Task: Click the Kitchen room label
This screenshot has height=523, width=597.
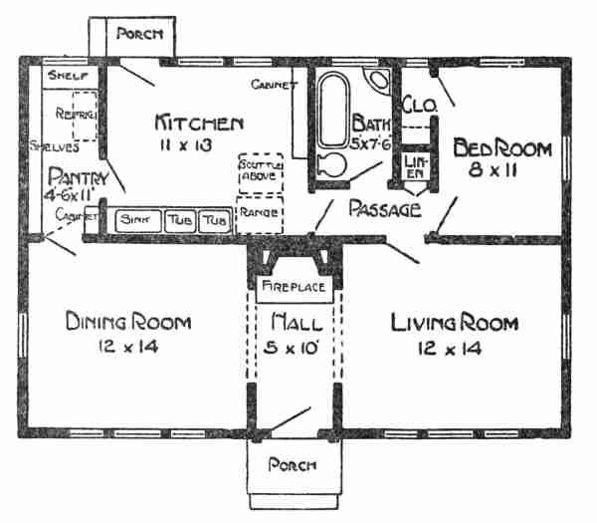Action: click(x=199, y=124)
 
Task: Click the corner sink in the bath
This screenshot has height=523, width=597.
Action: click(x=379, y=82)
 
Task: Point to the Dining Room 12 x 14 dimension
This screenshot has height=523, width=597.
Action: click(x=128, y=347)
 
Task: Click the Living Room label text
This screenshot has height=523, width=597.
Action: click(x=454, y=323)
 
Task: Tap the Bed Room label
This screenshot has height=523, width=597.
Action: click(x=501, y=148)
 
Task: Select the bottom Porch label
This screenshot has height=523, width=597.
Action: click(x=293, y=465)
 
